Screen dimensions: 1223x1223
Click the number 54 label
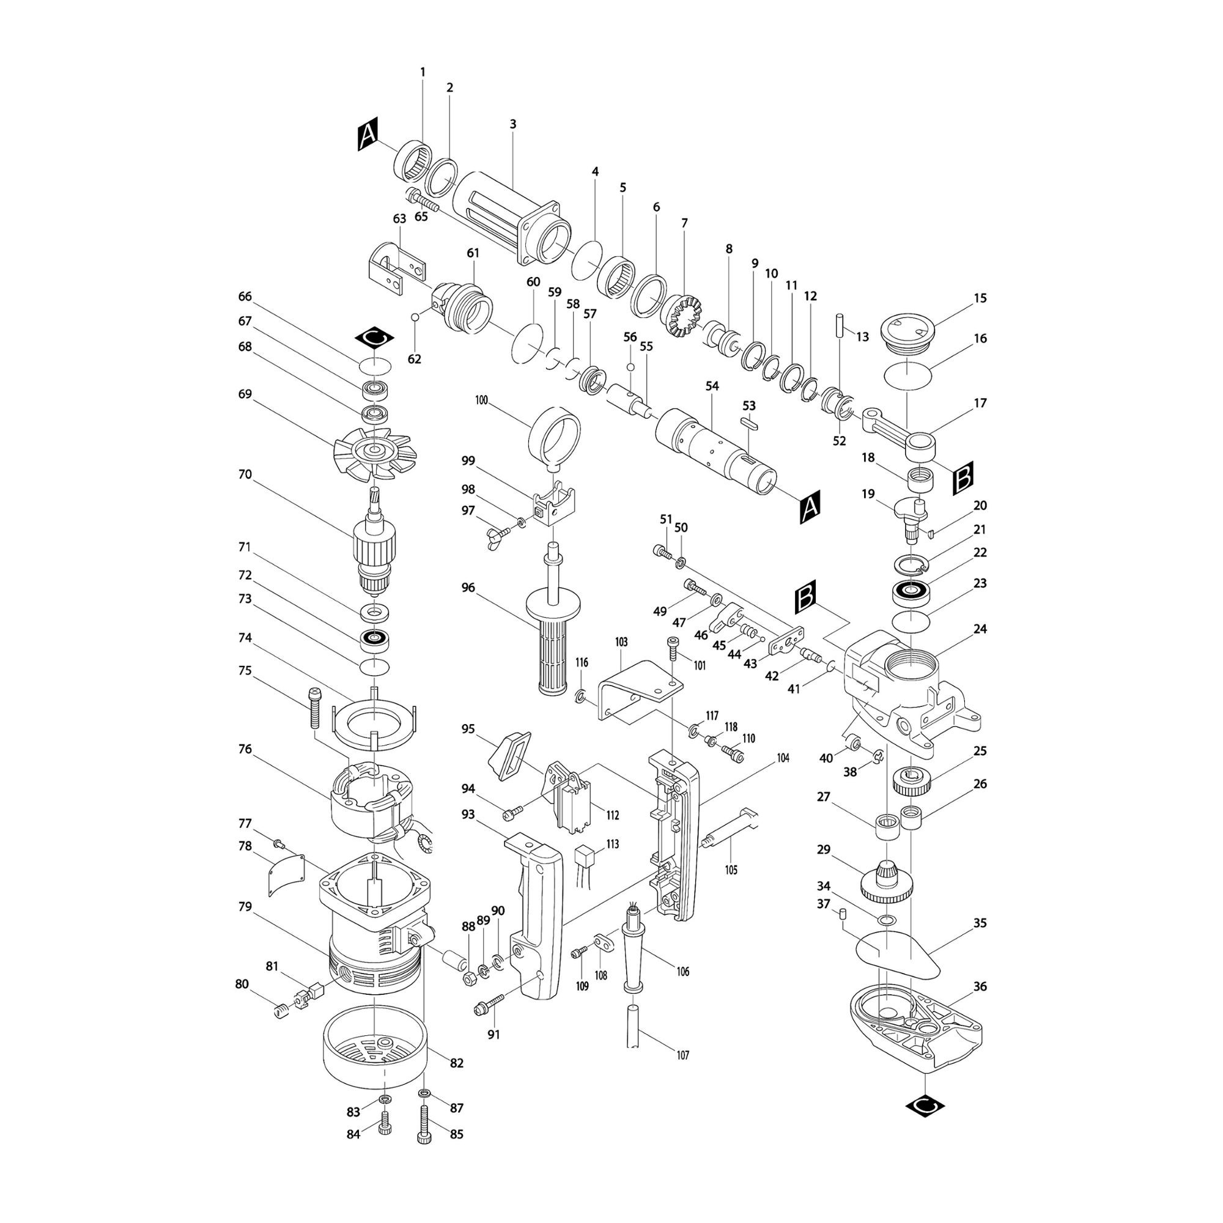(712, 386)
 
